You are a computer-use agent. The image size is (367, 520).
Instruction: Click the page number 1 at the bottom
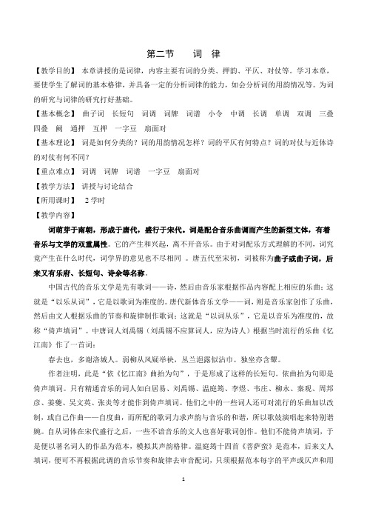pos(183,501)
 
